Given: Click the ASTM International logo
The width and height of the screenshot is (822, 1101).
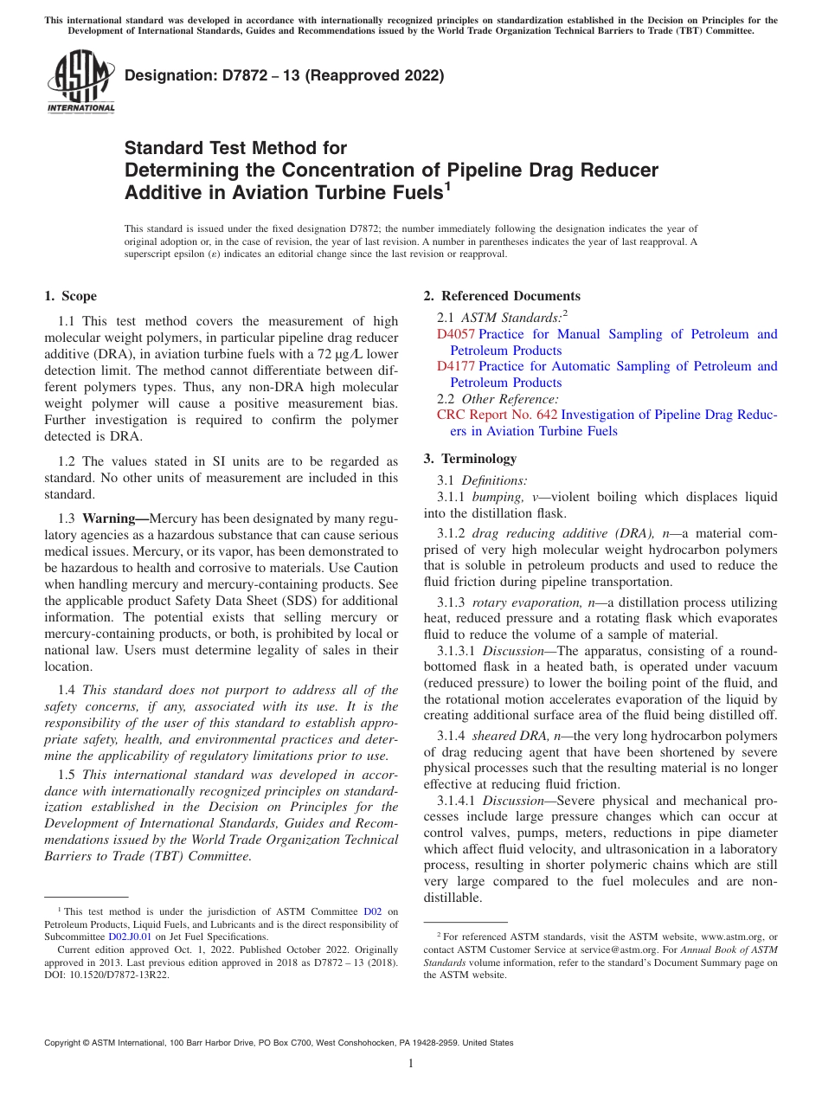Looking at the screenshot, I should [x=80, y=83].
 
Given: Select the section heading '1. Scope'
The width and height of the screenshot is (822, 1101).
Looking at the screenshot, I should [x=70, y=296].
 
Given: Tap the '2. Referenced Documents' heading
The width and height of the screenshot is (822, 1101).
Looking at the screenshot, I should [x=502, y=296].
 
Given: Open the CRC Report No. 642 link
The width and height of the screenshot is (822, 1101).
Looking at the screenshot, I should [x=497, y=415].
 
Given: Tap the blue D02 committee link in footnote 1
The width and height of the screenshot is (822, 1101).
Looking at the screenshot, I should [x=372, y=911].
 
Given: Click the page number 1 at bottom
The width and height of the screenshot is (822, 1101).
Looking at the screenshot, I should [x=411, y=1064].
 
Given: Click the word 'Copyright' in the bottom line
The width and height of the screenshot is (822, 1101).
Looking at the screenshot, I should [x=64, y=1043].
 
